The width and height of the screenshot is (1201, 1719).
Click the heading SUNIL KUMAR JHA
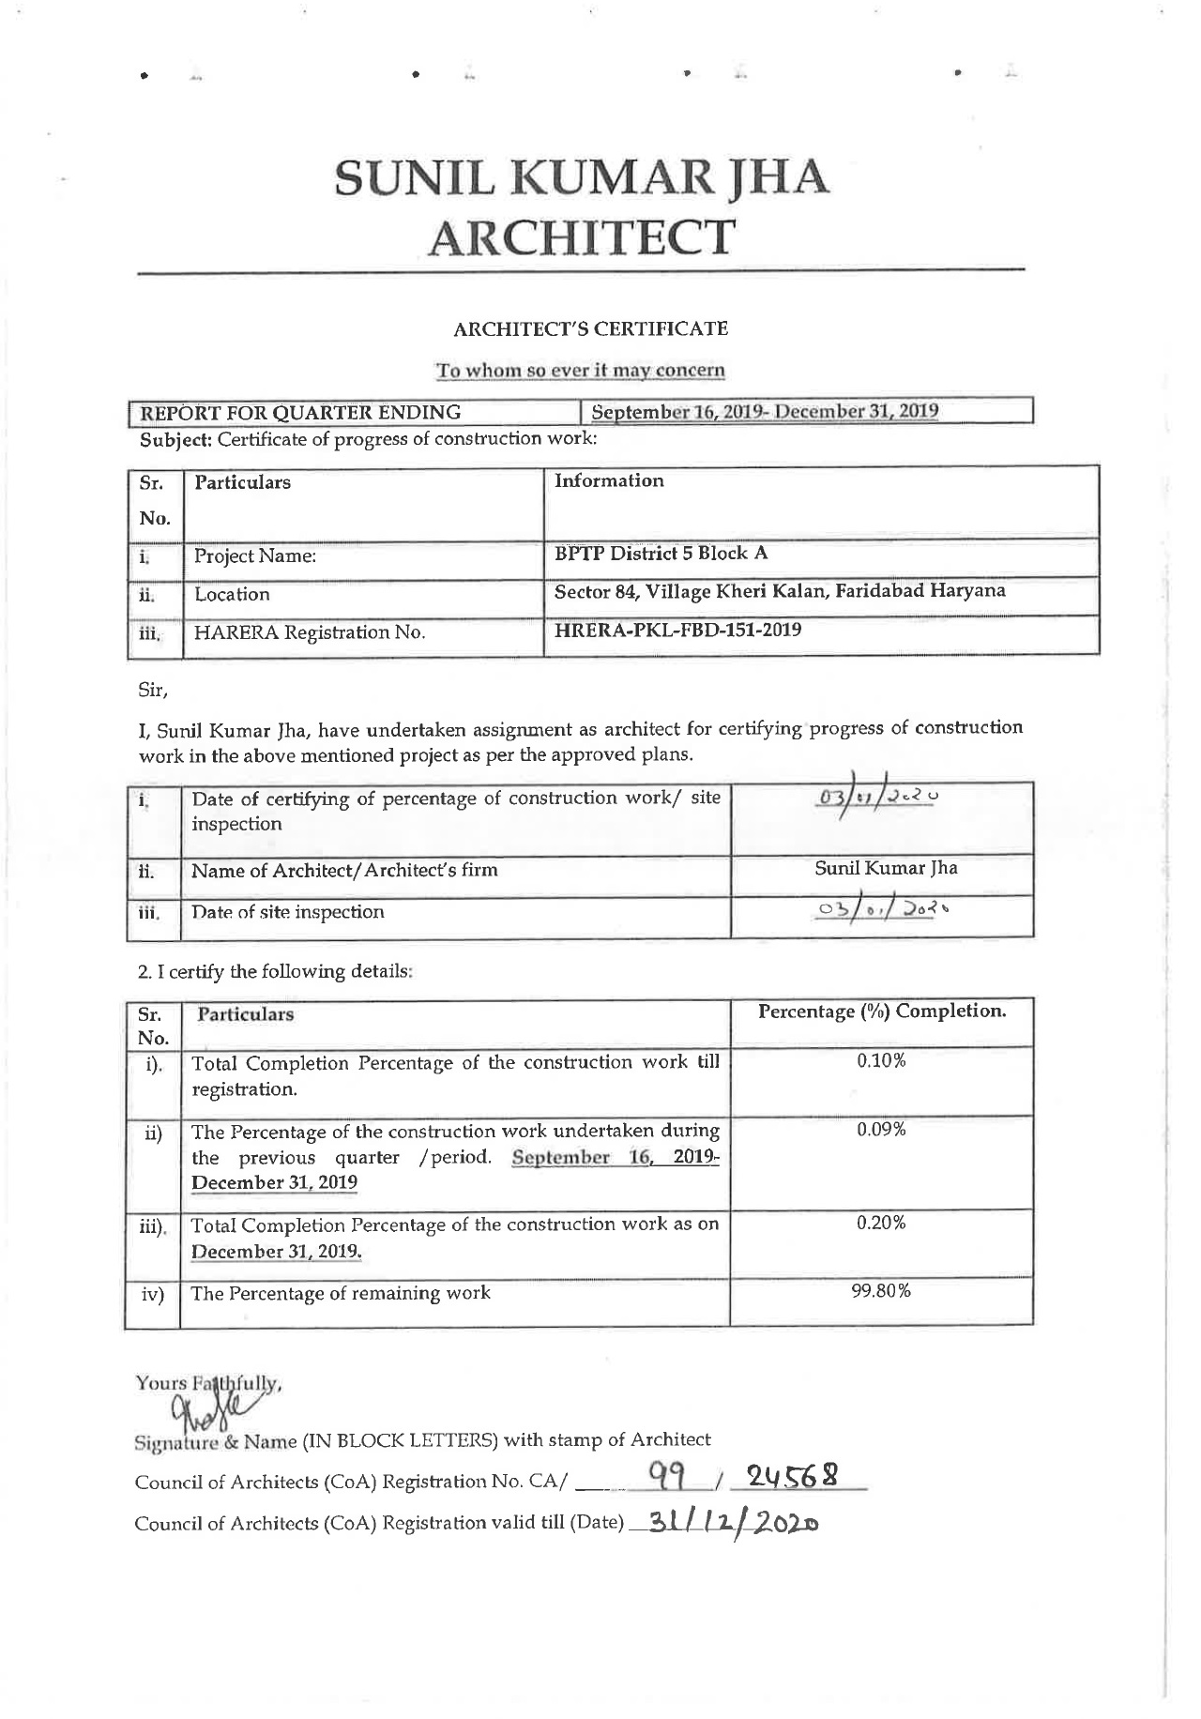pyautogui.click(x=582, y=177)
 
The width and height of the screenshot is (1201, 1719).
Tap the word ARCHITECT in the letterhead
pyautogui.click(x=582, y=237)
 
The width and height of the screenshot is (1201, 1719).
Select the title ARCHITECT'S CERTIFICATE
pyautogui.click(x=590, y=329)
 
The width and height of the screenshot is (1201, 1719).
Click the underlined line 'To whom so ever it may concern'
pyautogui.click(x=580, y=370)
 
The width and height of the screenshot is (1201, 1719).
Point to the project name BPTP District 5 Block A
pyautogui.click(x=661, y=553)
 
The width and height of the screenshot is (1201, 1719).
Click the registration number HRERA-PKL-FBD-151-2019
pyautogui.click(x=677, y=630)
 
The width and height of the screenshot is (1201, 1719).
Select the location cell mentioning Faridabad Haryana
pyautogui.click(x=780, y=591)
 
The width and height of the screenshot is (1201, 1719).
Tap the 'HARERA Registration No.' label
pyautogui.click(x=310, y=633)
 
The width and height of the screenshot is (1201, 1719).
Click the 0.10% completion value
pyautogui.click(x=881, y=1061)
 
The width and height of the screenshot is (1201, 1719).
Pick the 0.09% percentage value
pyautogui.click(x=881, y=1130)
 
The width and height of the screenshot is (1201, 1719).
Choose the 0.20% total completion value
pyautogui.click(x=881, y=1224)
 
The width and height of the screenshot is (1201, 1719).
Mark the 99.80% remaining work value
pyautogui.click(x=881, y=1291)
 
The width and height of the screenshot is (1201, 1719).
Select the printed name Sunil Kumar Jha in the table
pyautogui.click(x=886, y=868)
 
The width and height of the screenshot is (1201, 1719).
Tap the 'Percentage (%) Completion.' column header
pyautogui.click(x=881, y=1012)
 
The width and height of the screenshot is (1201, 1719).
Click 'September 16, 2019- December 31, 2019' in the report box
pyautogui.click(x=766, y=412)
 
